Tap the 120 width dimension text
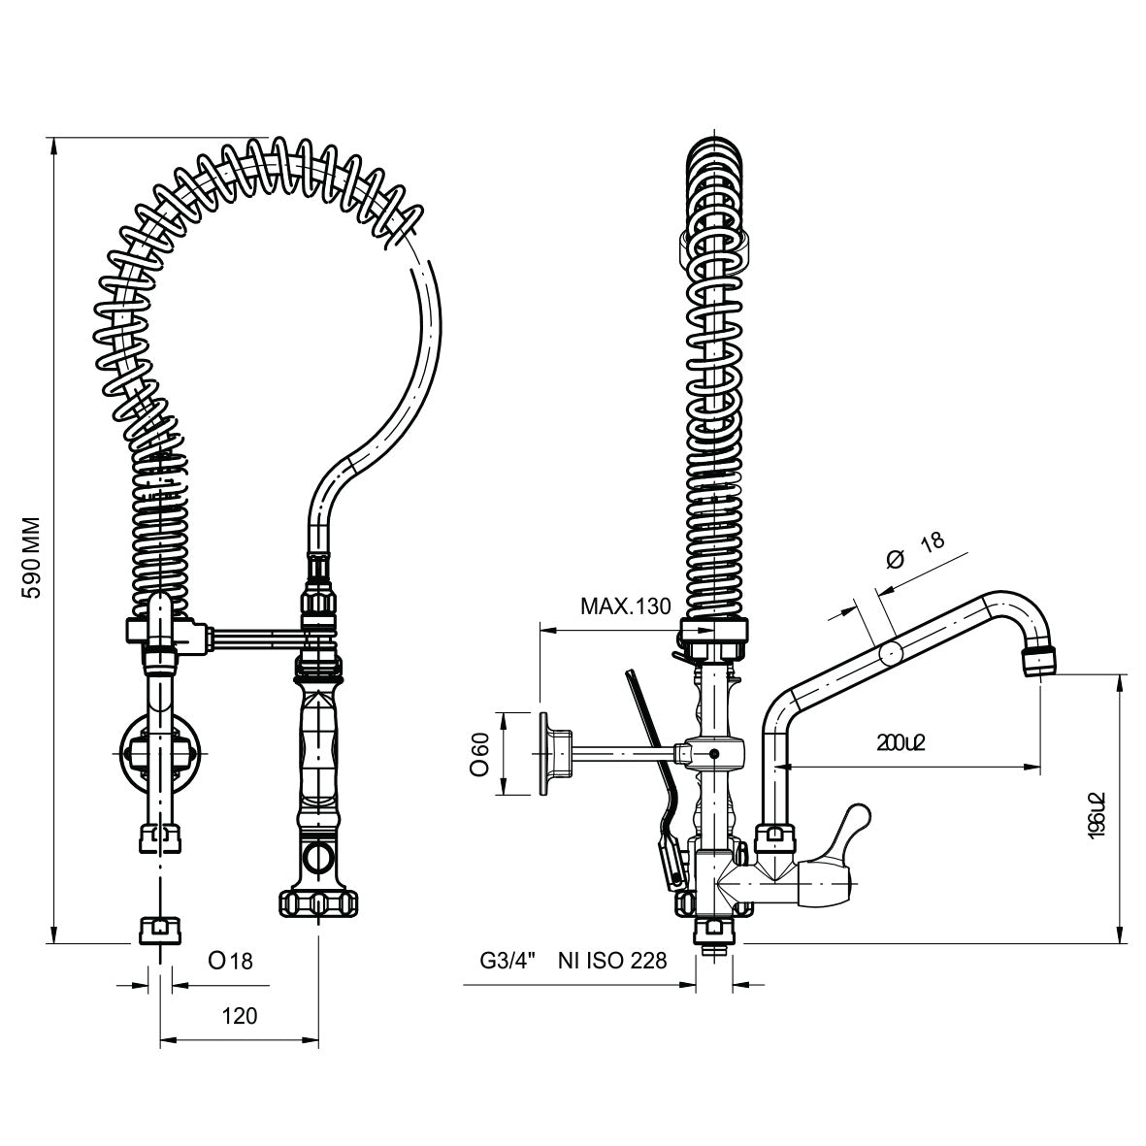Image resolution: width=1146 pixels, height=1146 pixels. tap(240, 1016)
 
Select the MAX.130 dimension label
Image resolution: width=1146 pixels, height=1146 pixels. tap(625, 607)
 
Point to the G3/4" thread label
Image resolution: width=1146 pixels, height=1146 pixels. tap(508, 961)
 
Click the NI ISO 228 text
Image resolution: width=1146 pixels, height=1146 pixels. tap(612, 961)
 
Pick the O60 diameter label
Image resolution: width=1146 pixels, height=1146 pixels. tap(478, 753)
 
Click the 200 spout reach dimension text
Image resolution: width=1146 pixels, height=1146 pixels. tap(901, 743)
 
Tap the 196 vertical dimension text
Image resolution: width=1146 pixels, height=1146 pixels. tap(1097, 813)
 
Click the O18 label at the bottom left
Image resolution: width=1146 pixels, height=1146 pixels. tap(230, 961)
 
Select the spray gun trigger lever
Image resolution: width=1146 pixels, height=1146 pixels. tap(649, 737)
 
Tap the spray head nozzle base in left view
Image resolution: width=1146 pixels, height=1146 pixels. tap(316, 902)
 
